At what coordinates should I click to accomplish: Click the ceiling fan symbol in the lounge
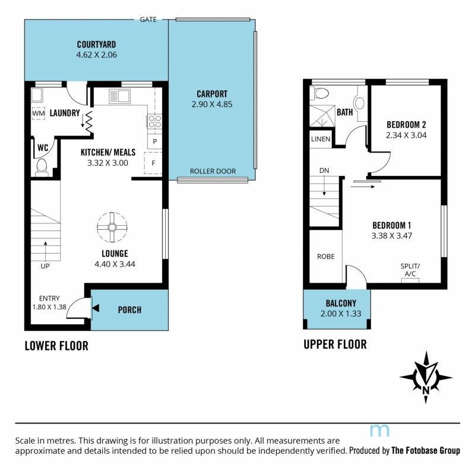[112, 227]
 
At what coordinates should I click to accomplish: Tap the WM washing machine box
[39, 113]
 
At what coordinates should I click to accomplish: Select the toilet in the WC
[42, 167]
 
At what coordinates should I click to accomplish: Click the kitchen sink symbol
[120, 96]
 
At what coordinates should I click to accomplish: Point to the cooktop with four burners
[154, 121]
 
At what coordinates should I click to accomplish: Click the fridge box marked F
[153, 163]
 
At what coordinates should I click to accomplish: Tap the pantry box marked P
[155, 141]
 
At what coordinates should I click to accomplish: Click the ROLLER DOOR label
[213, 171]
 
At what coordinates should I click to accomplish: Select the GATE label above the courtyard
[148, 20]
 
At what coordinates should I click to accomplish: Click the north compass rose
[426, 377]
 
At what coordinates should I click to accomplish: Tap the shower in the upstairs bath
[322, 115]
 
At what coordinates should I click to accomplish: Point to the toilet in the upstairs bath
[319, 93]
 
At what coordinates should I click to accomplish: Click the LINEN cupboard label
[321, 139]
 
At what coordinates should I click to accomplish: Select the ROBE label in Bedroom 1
[326, 257]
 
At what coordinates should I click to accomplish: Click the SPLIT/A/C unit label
[410, 270]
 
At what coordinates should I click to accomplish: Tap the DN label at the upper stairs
[324, 170]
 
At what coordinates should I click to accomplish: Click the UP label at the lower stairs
[45, 266]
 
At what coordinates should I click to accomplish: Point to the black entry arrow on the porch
[96, 308]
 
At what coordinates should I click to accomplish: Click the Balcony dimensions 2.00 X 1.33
[341, 314]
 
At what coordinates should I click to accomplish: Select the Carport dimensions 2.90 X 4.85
[212, 105]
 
